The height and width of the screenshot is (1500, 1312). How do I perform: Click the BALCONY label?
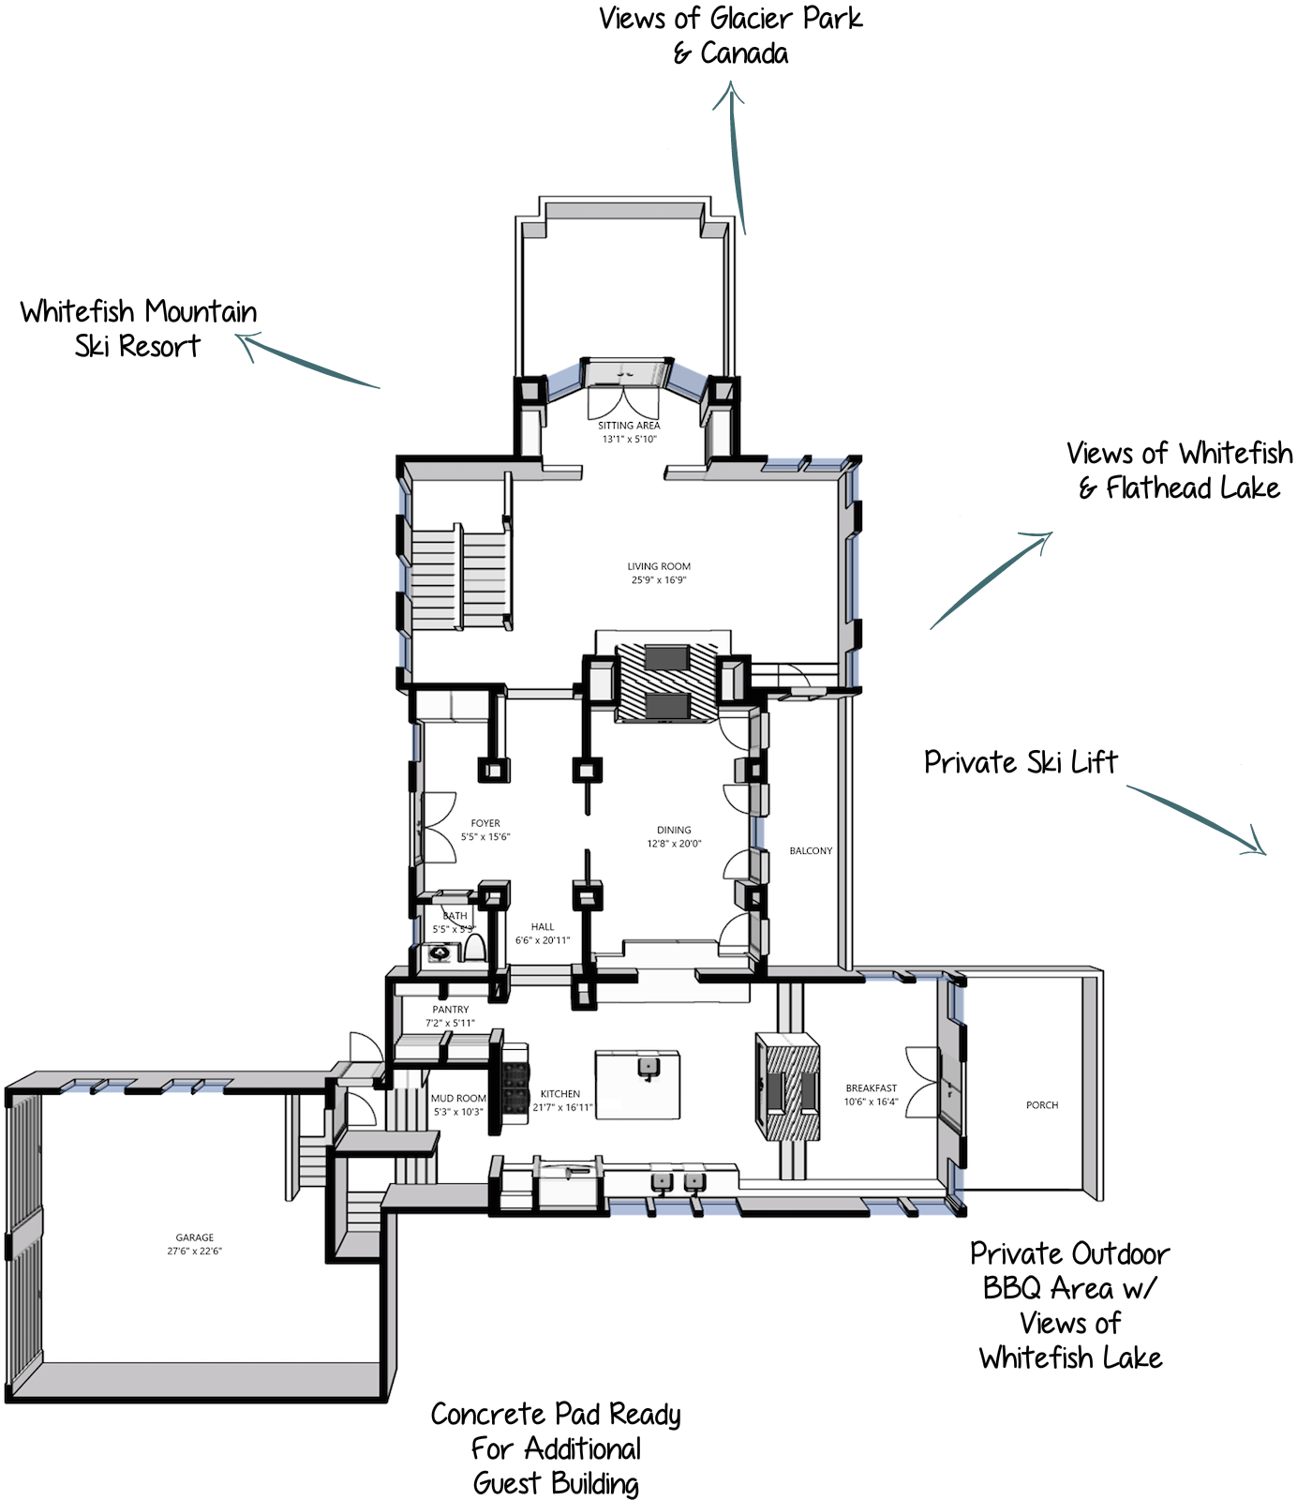pos(811,851)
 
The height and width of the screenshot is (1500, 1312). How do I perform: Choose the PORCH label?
pos(1042,1105)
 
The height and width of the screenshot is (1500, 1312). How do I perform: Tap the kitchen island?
pos(637,1084)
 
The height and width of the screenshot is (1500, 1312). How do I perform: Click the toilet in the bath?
pos(474,947)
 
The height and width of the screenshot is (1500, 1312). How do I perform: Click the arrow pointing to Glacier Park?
pos(736,156)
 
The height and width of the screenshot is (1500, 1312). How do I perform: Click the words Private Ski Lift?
pos(1021,762)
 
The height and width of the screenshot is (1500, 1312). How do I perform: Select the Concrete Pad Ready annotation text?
pos(556,1448)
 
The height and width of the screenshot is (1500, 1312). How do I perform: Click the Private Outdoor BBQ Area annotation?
pos(1070,1305)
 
